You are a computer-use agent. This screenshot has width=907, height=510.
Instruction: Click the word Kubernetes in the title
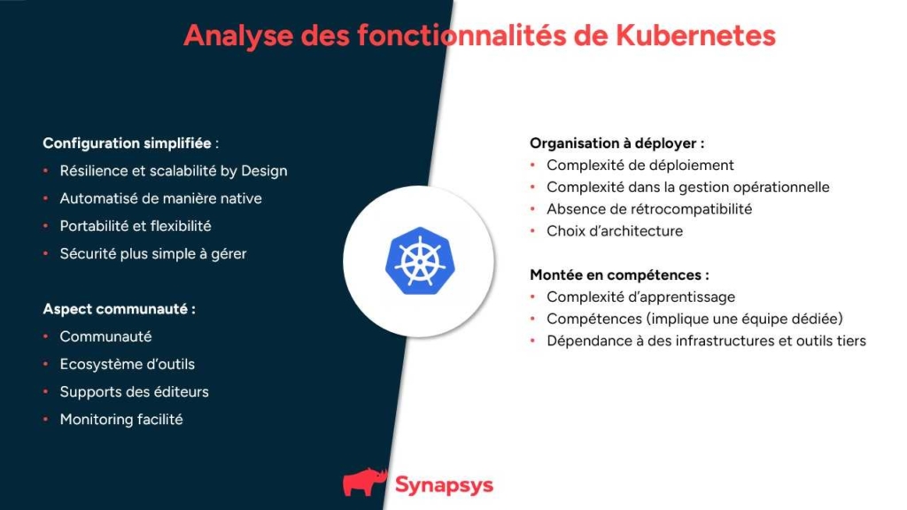pos(695,35)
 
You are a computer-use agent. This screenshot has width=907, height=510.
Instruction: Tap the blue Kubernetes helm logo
pos(420,261)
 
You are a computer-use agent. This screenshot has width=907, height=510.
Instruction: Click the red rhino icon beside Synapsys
pos(365,482)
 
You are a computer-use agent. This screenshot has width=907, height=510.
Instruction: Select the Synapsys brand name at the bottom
pos(445,485)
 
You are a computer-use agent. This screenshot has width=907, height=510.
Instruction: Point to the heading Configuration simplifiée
pos(128,143)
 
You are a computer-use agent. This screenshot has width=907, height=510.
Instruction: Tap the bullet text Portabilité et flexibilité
pos(136,226)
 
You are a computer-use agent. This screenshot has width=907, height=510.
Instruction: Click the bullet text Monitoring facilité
pos(121,420)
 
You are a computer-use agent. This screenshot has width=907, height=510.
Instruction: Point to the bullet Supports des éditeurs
pos(135,392)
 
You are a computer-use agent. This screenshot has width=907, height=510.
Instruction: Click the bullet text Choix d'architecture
pos(615,231)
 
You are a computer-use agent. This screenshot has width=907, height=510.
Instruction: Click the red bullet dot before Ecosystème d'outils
pos(46,364)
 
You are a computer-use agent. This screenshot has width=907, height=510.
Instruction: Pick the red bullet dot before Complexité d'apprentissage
pos(532,297)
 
